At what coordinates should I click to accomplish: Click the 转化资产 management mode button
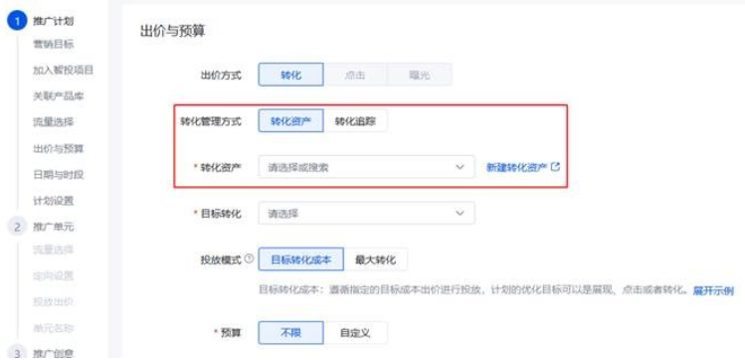[290, 121]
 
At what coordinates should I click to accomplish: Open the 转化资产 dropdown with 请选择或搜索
[365, 167]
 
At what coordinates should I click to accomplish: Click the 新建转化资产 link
[522, 167]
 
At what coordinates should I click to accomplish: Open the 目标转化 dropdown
[365, 213]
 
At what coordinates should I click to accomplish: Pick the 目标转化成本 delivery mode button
[300, 260]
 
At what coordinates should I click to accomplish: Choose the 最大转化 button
[376, 260]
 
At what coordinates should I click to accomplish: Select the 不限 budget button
[290, 332]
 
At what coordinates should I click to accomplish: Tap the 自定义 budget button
[355, 332]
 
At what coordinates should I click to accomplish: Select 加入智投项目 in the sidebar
[63, 71]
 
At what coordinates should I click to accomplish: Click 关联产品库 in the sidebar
[58, 96]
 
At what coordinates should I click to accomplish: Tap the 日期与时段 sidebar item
[58, 175]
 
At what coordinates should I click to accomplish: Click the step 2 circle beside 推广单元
[15, 227]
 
